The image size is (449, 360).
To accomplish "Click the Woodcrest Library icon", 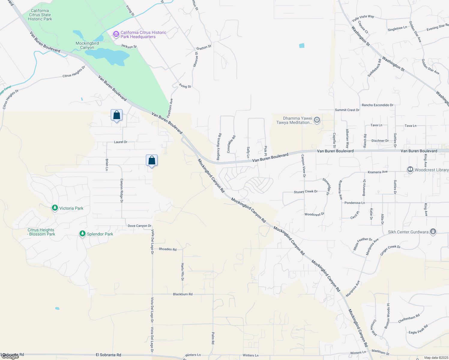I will [410, 169].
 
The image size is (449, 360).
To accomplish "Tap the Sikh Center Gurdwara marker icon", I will [433, 232].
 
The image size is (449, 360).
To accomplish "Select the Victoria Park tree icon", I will [55, 208].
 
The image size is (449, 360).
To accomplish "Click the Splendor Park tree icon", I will [82, 233].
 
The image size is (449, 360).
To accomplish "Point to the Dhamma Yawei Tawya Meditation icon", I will [317, 120].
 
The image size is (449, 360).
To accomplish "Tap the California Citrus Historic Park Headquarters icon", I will [116, 34].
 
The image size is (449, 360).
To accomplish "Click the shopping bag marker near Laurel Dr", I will [116, 115].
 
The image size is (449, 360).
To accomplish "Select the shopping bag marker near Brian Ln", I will [152, 160].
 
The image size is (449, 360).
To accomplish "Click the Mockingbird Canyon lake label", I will [87, 45].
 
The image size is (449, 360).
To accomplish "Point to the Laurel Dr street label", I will [121, 142].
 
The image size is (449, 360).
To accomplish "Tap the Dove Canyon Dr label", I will [140, 226].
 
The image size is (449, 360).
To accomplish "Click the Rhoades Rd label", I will [167, 249].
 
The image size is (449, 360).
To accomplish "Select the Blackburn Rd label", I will [183, 294].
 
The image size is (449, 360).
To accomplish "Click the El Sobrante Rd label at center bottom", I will [108, 355].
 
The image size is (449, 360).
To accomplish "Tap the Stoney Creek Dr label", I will [306, 192].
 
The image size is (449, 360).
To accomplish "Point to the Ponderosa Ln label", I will [354, 203].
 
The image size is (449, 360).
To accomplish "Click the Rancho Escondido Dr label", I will [377, 105].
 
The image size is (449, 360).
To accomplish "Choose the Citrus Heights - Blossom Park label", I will [41, 232].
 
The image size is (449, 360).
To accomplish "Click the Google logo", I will [10, 356].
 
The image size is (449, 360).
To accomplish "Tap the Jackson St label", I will [129, 46].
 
